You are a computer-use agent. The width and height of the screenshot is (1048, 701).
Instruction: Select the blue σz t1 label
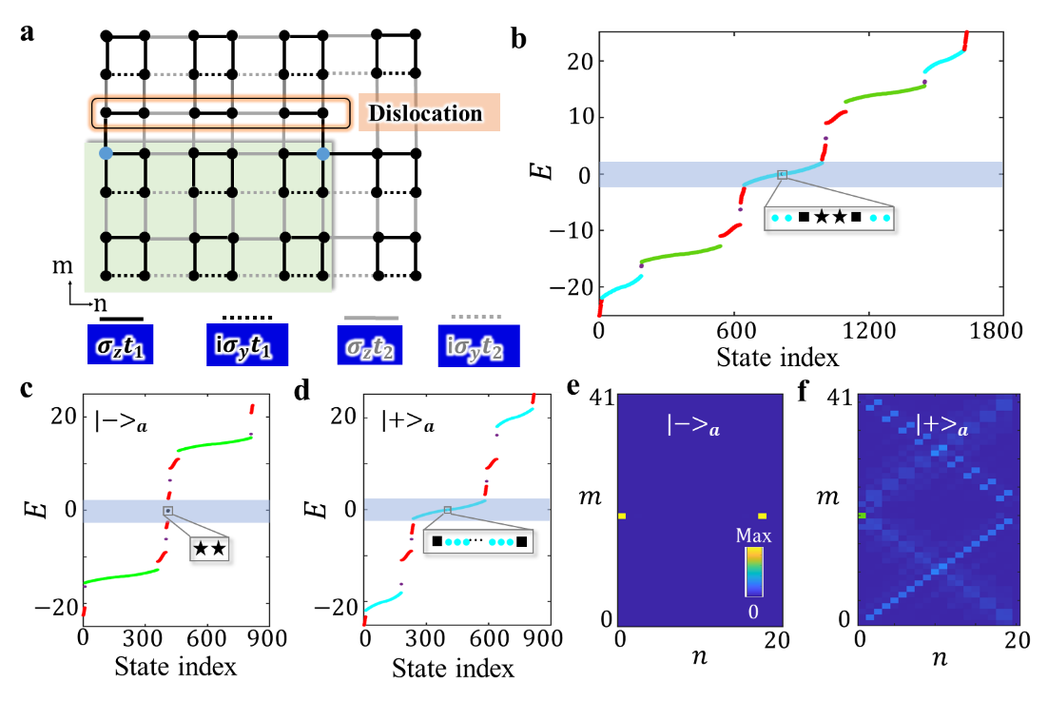(120, 344)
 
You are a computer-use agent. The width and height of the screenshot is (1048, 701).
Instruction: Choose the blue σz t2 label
(369, 344)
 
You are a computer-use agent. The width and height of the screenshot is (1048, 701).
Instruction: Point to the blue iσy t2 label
(478, 346)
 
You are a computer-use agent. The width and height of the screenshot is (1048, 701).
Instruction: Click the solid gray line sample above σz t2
(371, 318)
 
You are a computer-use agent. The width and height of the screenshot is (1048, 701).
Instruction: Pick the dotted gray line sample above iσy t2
(476, 316)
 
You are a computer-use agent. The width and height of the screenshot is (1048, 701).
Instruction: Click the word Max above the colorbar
(753, 535)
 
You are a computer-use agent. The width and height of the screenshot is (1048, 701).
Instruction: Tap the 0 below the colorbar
(753, 612)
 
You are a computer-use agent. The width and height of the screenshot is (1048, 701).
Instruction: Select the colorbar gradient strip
(753, 572)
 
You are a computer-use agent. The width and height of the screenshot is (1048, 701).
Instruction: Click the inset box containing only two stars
(209, 549)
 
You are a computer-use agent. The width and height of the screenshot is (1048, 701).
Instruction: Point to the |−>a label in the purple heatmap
(693, 424)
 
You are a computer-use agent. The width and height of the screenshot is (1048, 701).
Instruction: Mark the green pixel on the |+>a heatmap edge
(862, 516)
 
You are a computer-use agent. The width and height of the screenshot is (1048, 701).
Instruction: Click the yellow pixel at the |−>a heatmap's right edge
(762, 516)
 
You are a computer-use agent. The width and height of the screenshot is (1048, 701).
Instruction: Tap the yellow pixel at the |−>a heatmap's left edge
(621, 516)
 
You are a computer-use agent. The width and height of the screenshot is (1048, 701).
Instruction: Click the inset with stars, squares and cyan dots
(829, 218)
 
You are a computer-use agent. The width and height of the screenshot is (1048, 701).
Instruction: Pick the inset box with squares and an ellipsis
(477, 541)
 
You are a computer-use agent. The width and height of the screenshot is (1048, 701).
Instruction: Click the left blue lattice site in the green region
(106, 153)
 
